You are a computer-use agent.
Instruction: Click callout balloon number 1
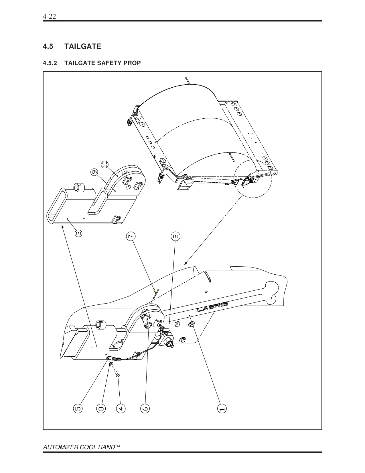point(222,408)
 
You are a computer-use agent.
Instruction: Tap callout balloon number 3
point(78,233)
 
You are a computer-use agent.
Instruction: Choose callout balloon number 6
point(145,408)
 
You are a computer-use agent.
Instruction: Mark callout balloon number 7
point(131,236)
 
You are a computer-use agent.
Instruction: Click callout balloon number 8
point(101,408)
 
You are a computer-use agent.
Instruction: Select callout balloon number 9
point(94,172)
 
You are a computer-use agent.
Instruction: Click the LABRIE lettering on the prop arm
point(212,307)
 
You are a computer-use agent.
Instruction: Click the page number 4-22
point(49,17)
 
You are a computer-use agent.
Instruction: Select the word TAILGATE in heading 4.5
point(83,46)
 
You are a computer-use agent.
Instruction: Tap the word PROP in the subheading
point(132,63)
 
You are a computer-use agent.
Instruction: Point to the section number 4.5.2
point(50,63)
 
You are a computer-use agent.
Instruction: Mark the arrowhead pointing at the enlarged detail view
point(186,263)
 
